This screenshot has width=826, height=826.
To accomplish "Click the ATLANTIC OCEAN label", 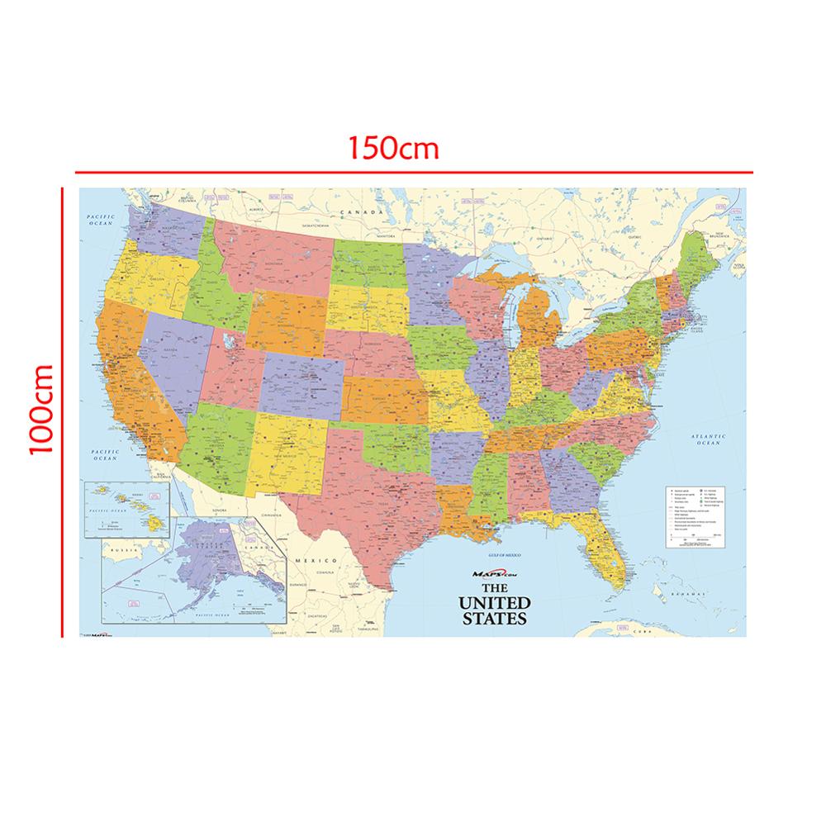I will click(708, 440).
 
